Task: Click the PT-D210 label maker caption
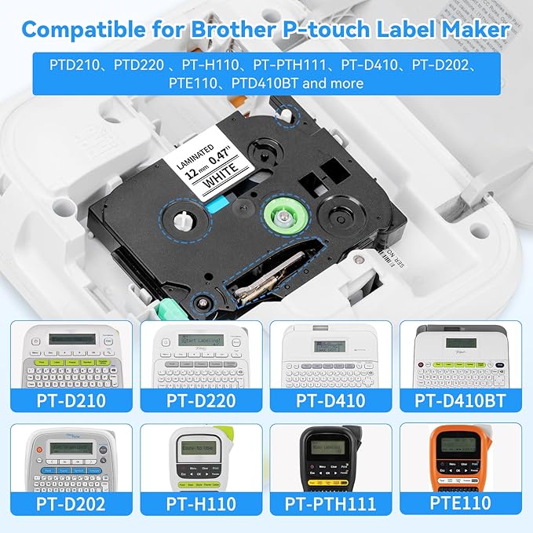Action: point(71,400)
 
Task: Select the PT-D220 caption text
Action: point(200,400)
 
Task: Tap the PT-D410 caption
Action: point(330,400)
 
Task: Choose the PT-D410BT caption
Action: point(460,400)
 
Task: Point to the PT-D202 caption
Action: point(71,503)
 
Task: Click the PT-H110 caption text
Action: point(200,503)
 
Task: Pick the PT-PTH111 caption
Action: point(330,503)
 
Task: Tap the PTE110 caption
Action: point(460,503)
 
